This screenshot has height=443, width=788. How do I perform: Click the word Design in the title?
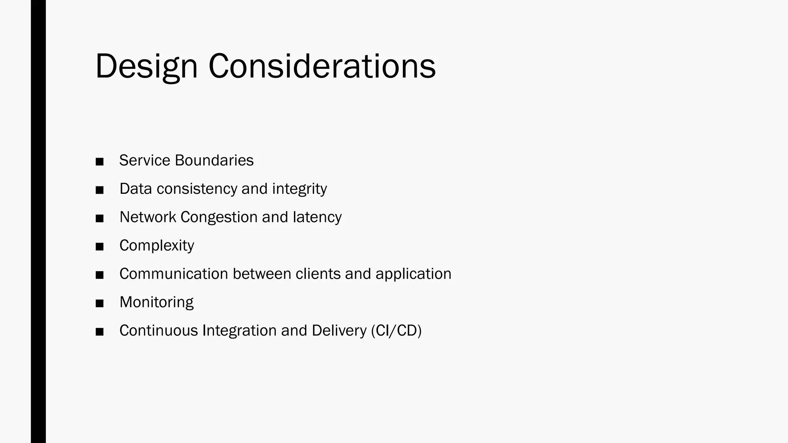(146, 67)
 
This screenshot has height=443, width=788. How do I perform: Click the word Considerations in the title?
(322, 67)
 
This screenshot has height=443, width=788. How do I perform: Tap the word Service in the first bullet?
(145, 160)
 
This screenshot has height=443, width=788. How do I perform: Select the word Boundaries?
(214, 160)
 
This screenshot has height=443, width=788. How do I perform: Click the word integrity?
(299, 189)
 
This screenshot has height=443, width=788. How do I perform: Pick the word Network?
(148, 217)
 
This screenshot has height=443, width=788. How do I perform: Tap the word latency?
(317, 217)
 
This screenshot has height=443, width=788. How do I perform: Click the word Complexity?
(157, 246)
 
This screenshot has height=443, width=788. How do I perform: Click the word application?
(413, 274)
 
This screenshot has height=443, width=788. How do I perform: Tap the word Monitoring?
(156, 302)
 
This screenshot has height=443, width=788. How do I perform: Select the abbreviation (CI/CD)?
(396, 331)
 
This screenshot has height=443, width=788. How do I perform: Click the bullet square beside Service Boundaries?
(100, 162)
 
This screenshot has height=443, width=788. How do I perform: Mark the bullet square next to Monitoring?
(100, 304)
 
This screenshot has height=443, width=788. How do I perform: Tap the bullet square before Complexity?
(100, 247)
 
